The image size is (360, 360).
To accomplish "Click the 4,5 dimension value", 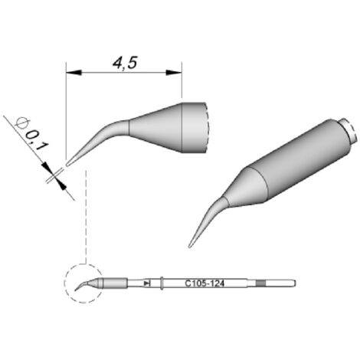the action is coord(125,63).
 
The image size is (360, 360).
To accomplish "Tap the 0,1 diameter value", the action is coord(37,140).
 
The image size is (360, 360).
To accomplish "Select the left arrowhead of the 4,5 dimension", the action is coord(74,73).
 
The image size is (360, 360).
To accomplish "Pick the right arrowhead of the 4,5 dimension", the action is coord(174,73).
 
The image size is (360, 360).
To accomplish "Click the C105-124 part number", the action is coord(205,283).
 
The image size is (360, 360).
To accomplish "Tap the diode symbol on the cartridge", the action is coord(147,283).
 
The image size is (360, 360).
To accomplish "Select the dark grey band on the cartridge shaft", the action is coord(260,283).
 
